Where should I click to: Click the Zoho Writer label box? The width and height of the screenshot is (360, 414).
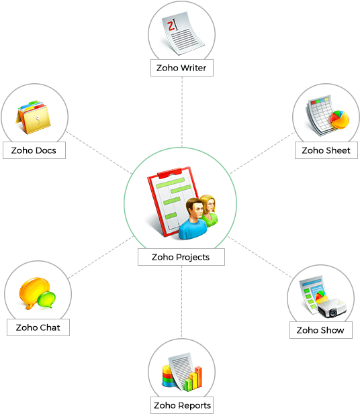182,68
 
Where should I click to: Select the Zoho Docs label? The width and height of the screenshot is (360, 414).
34,150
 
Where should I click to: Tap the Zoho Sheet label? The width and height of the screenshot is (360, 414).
326,150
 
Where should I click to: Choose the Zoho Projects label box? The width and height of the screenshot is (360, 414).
181,257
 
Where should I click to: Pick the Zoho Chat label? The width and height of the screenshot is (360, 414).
38,327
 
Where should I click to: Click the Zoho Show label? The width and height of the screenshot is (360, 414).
321,330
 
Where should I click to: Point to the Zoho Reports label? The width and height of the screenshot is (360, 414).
182,405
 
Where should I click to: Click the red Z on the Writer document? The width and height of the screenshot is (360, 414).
171,26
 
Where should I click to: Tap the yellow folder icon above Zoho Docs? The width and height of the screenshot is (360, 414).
34,117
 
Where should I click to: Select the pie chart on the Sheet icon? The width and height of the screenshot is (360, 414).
339,119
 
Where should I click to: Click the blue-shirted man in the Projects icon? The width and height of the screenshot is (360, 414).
193,219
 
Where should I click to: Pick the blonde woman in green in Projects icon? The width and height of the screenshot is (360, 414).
210,211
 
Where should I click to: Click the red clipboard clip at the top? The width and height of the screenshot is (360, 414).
169,173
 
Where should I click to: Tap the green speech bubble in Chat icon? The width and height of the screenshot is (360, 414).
46,300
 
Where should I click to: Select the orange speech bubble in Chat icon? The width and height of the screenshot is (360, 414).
34,293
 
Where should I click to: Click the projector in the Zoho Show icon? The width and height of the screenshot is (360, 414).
332,308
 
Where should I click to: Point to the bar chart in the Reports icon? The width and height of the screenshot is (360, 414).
193,379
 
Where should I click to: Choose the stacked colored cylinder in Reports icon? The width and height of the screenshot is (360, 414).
168,376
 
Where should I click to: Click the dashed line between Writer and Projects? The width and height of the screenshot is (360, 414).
182,112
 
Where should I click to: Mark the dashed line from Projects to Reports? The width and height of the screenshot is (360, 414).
181,302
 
